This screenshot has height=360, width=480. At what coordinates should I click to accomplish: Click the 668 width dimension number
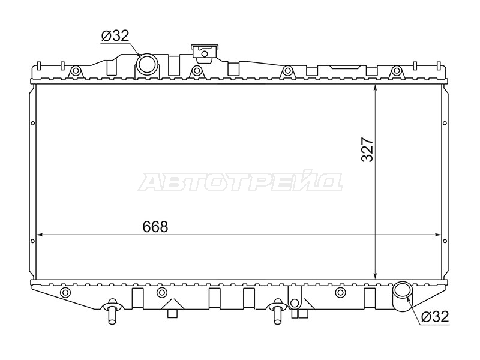click(155, 227)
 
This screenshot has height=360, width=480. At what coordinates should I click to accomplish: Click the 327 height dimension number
click(367, 149)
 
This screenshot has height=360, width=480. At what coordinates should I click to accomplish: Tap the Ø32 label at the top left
click(115, 36)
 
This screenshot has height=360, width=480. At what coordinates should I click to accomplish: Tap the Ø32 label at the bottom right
click(434, 316)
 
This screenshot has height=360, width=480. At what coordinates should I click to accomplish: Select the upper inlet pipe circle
click(146, 63)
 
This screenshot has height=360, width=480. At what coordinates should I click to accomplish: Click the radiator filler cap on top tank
click(205, 53)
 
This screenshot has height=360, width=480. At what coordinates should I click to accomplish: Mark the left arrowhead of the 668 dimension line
click(39, 235)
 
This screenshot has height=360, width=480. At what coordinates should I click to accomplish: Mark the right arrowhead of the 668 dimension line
click(438, 235)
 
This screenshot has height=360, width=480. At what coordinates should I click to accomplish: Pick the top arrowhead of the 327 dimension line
click(376, 88)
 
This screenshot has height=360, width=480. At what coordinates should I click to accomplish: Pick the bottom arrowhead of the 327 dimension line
click(376, 275)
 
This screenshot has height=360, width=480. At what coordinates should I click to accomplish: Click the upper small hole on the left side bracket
click(33, 124)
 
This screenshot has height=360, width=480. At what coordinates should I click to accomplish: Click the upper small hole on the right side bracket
click(445, 124)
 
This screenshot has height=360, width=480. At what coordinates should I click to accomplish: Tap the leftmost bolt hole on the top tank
click(76, 71)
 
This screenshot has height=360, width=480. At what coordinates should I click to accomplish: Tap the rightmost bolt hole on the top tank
click(397, 71)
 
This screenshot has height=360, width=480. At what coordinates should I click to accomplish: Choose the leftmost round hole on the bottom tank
click(65, 292)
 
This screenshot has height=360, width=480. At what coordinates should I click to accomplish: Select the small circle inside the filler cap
click(205, 54)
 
